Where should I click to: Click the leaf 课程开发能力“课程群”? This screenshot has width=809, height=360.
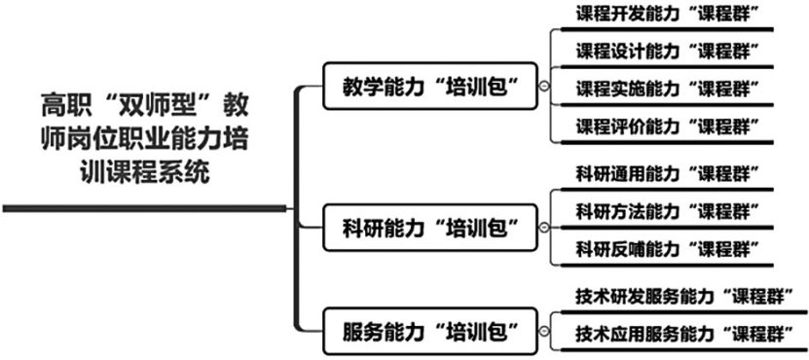click(x=667, y=14)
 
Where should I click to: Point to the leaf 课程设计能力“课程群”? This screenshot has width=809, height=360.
click(x=667, y=51)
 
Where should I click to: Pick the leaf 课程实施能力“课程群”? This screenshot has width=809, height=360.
click(x=667, y=88)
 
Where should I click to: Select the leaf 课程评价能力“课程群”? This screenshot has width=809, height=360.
click(x=667, y=126)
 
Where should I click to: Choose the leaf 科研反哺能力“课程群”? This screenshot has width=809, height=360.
click(x=667, y=246)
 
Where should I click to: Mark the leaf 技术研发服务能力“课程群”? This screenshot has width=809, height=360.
click(x=681, y=294)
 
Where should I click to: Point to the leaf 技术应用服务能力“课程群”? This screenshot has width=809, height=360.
click(x=681, y=331)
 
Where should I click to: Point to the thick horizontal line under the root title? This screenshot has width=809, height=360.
click(x=146, y=207)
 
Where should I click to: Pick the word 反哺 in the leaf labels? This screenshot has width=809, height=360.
click(x=625, y=246)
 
